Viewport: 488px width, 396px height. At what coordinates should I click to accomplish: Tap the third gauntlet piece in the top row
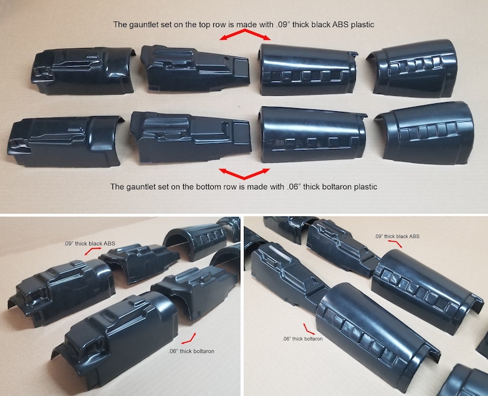[x=306, y=69]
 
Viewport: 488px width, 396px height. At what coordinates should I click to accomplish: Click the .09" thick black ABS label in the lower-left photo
[x=90, y=244]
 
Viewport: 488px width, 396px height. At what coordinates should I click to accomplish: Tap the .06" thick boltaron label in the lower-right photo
[x=304, y=338]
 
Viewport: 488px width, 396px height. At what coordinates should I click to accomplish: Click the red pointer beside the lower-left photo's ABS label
[x=93, y=251]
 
